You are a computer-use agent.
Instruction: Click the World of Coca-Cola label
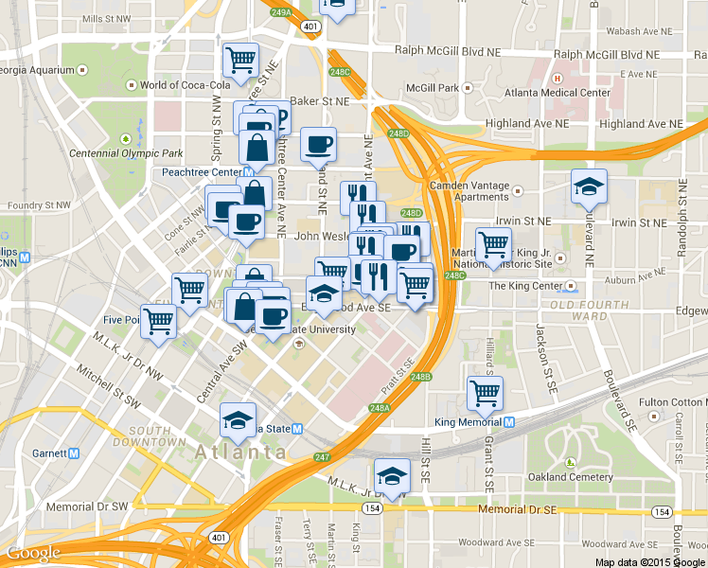tap(186, 85)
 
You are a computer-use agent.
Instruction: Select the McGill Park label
tap(432, 88)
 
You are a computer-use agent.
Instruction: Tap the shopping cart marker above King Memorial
tap(485, 393)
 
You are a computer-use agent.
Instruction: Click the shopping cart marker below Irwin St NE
tap(492, 244)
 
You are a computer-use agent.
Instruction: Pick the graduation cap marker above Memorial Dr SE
tap(391, 476)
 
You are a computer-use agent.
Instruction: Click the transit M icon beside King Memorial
tap(509, 421)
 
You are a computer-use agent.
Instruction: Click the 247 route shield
tap(324, 457)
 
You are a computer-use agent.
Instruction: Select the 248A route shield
tap(380, 408)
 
